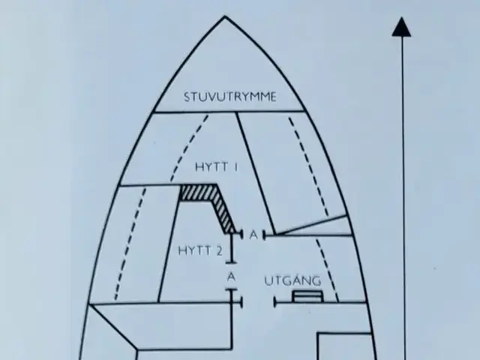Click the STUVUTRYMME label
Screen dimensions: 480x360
[230, 97]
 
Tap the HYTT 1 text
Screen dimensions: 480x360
[217, 167]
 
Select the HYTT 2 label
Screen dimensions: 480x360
[200, 251]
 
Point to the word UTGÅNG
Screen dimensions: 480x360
[292, 280]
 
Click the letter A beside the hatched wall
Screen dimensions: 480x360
[253, 235]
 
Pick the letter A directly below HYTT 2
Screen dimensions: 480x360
[232, 277]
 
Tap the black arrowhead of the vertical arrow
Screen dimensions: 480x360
[401, 28]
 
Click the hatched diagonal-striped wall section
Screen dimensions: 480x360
[211, 205]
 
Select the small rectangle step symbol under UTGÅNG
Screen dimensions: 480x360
[307, 296]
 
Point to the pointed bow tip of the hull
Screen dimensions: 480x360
[225, 16]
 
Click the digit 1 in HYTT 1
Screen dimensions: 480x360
[235, 167]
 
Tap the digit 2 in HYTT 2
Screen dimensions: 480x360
[218, 251]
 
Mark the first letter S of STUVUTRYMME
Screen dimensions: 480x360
[187, 97]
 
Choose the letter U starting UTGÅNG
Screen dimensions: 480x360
[268, 281]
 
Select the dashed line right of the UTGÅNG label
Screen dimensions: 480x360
[327, 270]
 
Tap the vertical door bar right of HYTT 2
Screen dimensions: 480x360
[232, 247]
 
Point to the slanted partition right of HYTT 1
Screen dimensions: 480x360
[256, 173]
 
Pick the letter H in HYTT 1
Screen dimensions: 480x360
[199, 167]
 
